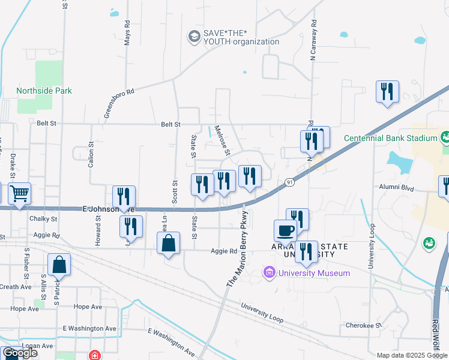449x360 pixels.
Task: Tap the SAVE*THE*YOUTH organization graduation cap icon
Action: pos(194,37)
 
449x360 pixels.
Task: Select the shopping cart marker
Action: pos(20,194)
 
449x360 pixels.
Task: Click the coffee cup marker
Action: pos(285,230)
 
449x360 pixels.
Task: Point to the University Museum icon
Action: pos(270,274)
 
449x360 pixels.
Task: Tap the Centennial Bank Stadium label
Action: pos(390,138)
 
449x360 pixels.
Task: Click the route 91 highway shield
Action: pos(289,182)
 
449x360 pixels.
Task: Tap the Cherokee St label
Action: pos(364,325)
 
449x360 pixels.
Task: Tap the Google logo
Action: pos(20,353)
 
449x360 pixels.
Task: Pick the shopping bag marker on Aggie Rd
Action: pos(169,244)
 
